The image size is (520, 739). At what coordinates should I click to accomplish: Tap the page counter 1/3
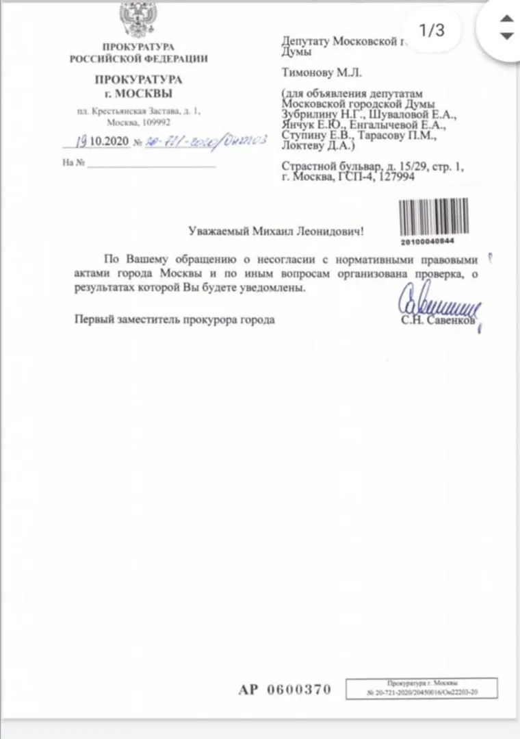point(431,30)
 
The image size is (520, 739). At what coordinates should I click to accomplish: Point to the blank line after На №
point(151,164)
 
